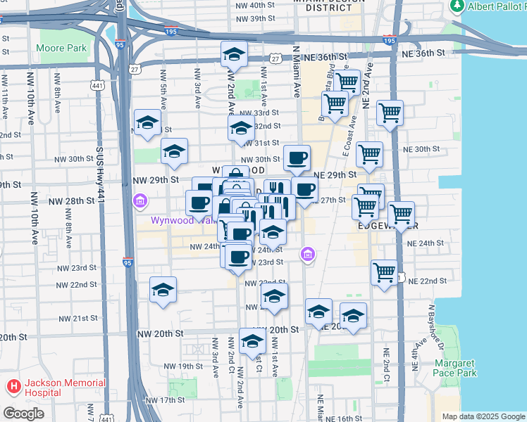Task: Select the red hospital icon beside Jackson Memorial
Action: (x=13, y=388)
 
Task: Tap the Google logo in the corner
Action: (x=24, y=414)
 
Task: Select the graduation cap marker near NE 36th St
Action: (x=233, y=53)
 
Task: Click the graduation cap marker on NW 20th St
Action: (x=252, y=340)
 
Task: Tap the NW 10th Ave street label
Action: (x=32, y=107)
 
